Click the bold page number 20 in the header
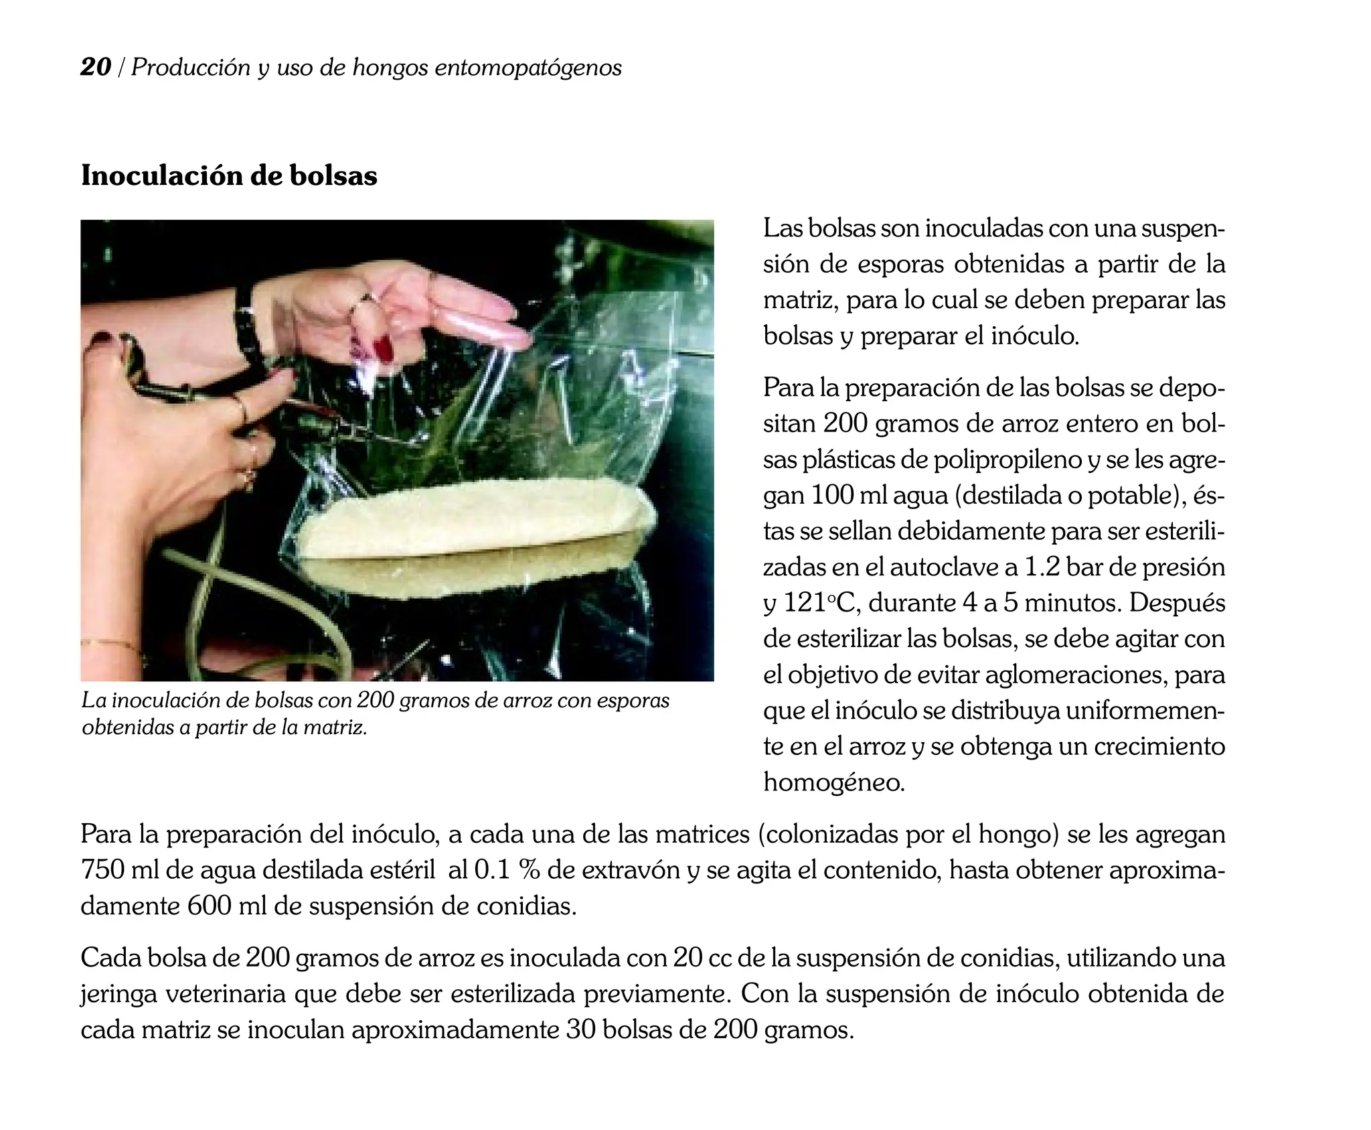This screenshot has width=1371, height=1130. click(x=96, y=67)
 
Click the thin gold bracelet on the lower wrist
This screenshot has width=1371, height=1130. click(x=110, y=645)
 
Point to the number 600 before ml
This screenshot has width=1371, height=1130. click(x=209, y=906)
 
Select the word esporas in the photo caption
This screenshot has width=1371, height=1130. click(x=633, y=701)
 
